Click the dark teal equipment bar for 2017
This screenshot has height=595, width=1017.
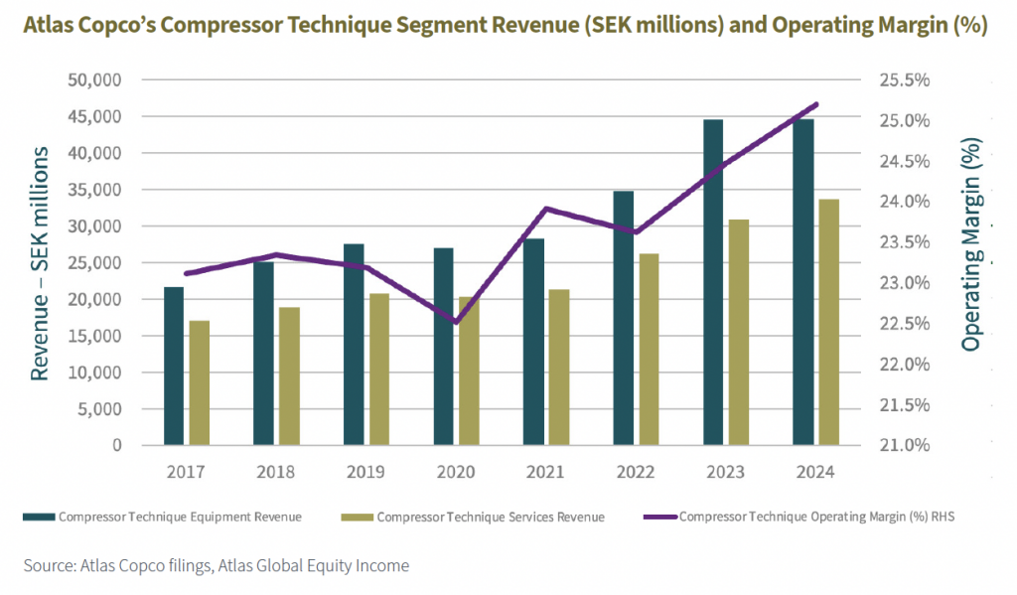[174, 366]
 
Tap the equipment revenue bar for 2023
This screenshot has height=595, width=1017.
[713, 282]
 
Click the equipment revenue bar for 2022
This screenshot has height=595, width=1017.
[623, 318]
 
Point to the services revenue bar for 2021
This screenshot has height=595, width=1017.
[559, 367]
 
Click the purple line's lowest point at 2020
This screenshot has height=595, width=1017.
[456, 322]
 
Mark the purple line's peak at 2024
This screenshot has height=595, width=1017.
[816, 103]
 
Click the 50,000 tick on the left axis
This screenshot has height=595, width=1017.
[95, 79]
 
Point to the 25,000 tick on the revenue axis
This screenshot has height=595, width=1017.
[95, 262]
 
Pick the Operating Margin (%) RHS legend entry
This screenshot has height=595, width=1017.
[804, 517]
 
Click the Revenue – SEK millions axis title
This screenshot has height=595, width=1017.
[40, 262]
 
